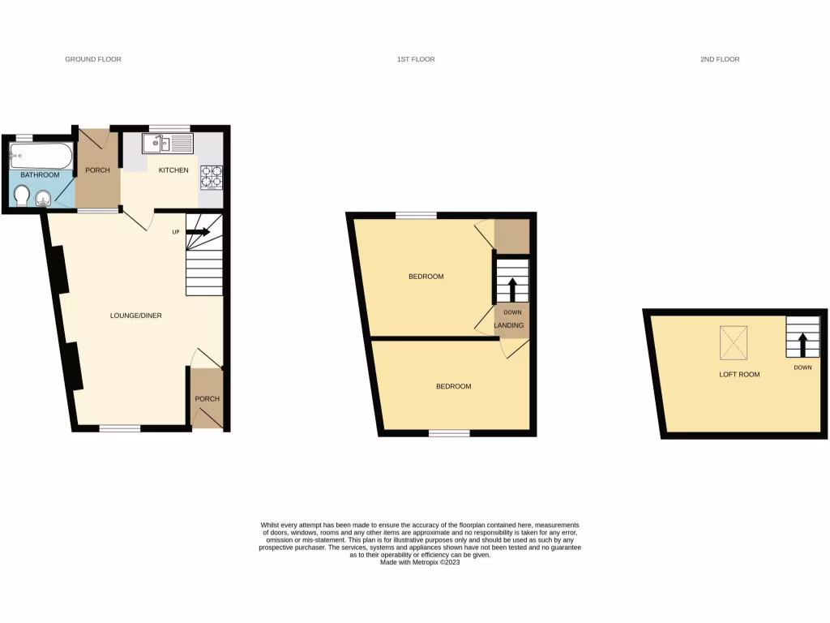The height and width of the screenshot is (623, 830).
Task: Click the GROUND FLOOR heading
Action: click(x=93, y=59)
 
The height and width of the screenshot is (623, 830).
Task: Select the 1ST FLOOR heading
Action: click(x=416, y=59)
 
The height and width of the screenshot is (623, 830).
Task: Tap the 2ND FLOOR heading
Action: click(x=720, y=59)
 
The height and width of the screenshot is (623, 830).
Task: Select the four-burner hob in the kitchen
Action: click(x=211, y=177)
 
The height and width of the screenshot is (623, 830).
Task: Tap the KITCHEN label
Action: click(x=173, y=170)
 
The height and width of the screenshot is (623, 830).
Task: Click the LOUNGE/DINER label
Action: click(x=137, y=315)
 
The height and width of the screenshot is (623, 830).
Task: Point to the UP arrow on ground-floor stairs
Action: click(x=199, y=233)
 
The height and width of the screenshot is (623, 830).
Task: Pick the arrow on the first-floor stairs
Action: click(x=511, y=288)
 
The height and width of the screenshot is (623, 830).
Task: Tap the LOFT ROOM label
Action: click(x=739, y=375)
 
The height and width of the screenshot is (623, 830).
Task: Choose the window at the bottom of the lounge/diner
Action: click(x=120, y=428)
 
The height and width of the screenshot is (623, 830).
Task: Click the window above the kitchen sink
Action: click(x=170, y=128)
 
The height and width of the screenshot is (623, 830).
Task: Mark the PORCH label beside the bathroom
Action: click(x=97, y=170)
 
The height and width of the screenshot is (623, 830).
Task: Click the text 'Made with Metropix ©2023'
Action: click(x=420, y=562)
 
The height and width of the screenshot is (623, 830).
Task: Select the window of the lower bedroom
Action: click(x=449, y=433)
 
